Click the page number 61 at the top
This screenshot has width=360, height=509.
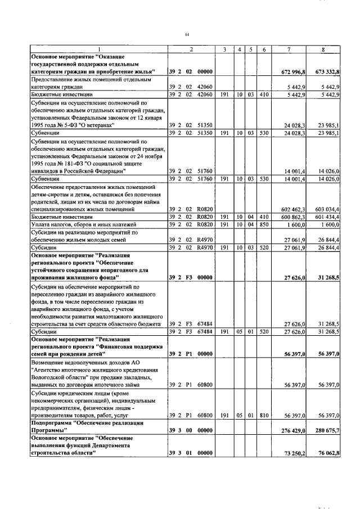186,35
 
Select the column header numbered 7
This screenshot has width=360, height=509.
289,50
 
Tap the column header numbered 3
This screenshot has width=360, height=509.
224,50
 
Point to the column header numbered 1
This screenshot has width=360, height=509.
98,50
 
